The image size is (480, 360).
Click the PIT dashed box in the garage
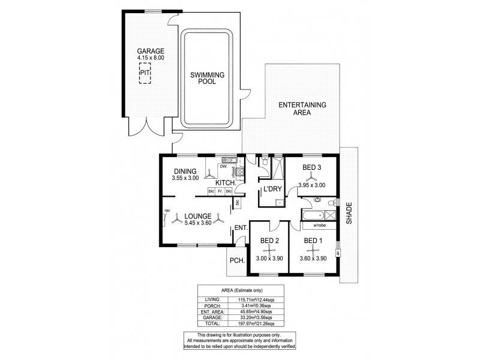[145, 73]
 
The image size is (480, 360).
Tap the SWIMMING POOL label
[207, 78]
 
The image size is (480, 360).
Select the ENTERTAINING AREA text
[302, 108]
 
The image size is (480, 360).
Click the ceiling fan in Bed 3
[311, 177]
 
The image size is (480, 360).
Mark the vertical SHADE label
[349, 214]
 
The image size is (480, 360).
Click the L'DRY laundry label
[272, 189]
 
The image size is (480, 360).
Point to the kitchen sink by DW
[227, 160]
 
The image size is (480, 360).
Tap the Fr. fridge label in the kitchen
[220, 191]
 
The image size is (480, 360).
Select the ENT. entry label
[241, 227]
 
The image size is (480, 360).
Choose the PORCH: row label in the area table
[212, 305]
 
